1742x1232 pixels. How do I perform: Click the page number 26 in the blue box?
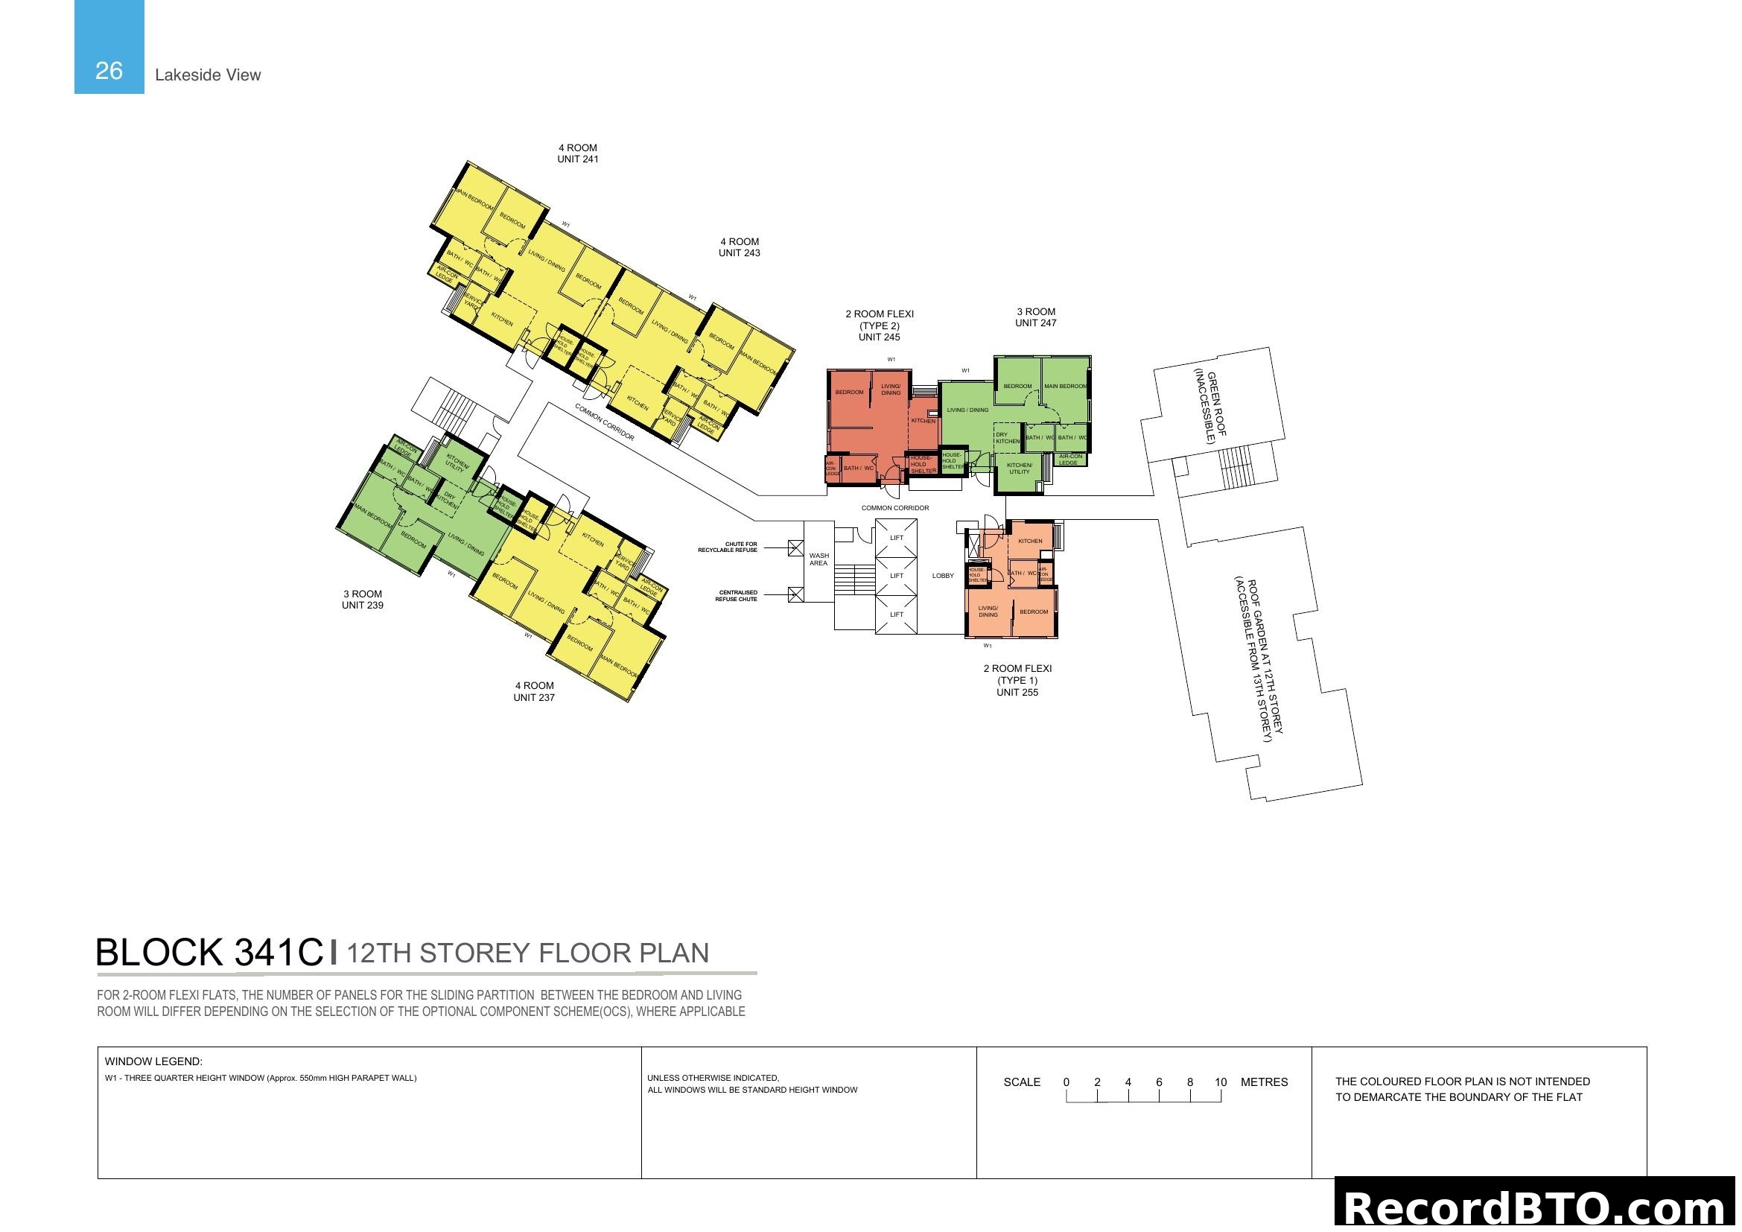click(109, 71)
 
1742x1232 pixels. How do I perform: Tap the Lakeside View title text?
click(207, 74)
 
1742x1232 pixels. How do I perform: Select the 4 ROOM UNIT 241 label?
click(577, 153)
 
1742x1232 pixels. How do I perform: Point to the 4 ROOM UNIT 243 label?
click(739, 247)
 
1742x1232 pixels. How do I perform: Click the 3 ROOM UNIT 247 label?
click(1036, 317)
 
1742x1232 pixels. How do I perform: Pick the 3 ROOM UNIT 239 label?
click(362, 600)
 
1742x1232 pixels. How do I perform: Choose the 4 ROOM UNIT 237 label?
click(533, 691)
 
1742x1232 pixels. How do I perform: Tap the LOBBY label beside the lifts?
click(942, 576)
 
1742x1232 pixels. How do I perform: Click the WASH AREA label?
click(818, 559)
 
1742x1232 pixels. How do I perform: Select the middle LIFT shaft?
click(896, 576)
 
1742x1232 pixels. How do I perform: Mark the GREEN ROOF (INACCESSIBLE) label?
click(1210, 407)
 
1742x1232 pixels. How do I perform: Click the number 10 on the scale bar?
click(1220, 1082)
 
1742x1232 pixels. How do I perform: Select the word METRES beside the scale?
click(1264, 1082)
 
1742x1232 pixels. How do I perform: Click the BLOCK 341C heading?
click(209, 952)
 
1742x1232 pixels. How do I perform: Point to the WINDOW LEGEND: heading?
click(153, 1061)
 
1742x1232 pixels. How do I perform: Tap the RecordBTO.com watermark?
click(1537, 1206)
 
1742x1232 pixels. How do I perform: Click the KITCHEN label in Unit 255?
click(1029, 541)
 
